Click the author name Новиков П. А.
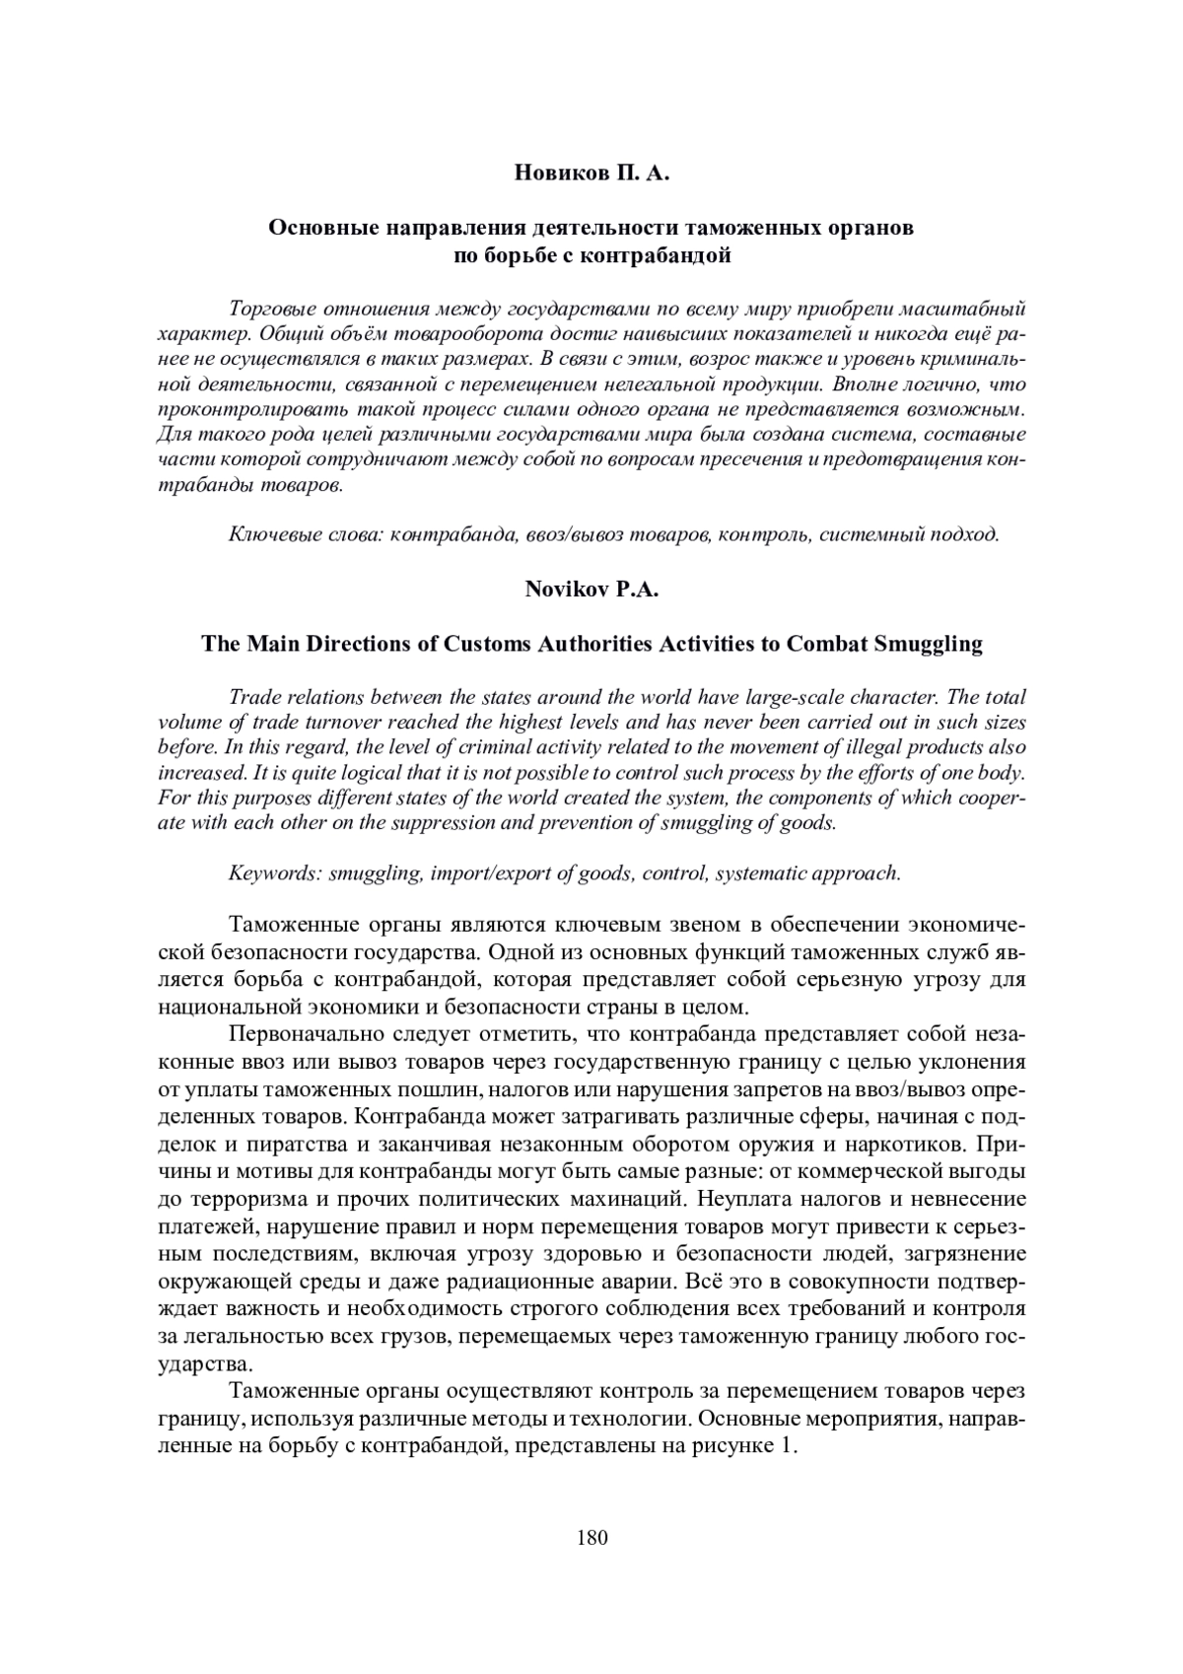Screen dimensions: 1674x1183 tap(591, 175)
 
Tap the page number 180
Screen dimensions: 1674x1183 tap(591, 1538)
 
